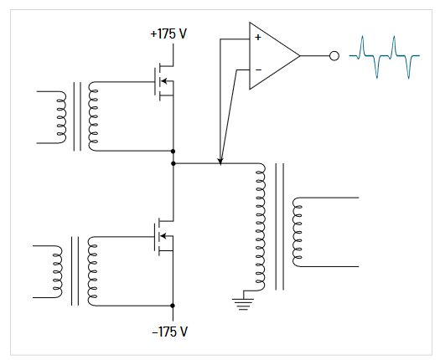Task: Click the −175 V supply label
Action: [x=170, y=332]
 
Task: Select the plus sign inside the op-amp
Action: [x=257, y=38]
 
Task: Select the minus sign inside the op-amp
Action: [x=257, y=69]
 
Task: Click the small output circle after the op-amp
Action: [x=334, y=56]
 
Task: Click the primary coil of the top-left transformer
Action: [x=60, y=117]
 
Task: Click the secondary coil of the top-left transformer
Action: [x=92, y=117]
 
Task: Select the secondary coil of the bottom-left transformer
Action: [x=91, y=270]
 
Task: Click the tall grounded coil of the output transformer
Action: [x=260, y=228]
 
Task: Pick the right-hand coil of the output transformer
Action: [x=295, y=232]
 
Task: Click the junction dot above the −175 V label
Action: [x=172, y=306]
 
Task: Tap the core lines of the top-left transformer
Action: [x=76, y=117]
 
